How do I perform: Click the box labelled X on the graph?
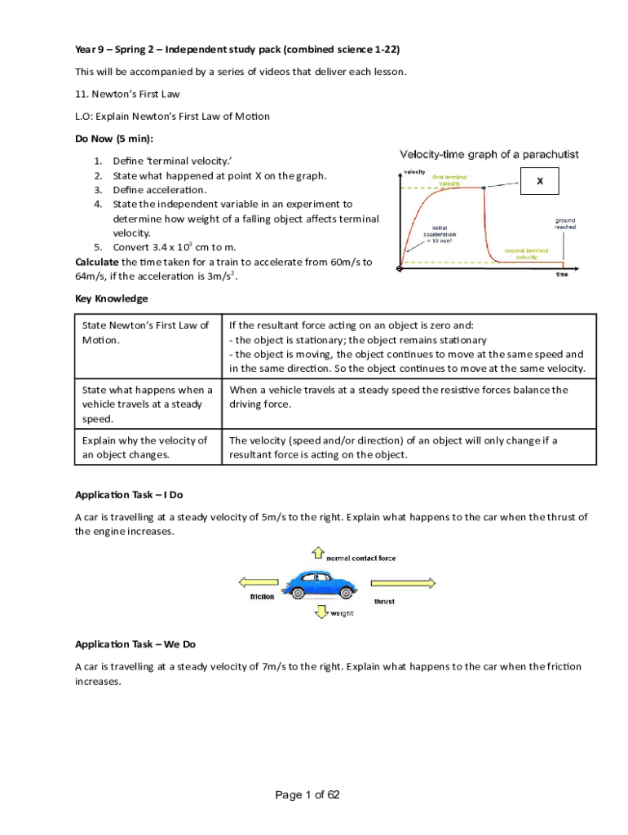click(x=539, y=183)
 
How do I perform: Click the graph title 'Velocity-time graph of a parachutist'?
click(x=489, y=154)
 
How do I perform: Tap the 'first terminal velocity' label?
click(x=450, y=179)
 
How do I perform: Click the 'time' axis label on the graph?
click(x=562, y=275)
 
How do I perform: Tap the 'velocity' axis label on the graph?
click(x=414, y=171)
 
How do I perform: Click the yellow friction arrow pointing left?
click(x=259, y=582)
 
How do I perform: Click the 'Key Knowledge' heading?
click(x=112, y=298)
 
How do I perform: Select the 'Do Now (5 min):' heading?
click(x=114, y=139)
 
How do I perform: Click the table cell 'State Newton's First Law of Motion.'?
click(x=148, y=332)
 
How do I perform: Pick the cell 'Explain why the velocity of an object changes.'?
click(x=148, y=447)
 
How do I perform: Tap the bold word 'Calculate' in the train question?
click(x=96, y=262)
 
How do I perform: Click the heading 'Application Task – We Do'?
click(x=135, y=644)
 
